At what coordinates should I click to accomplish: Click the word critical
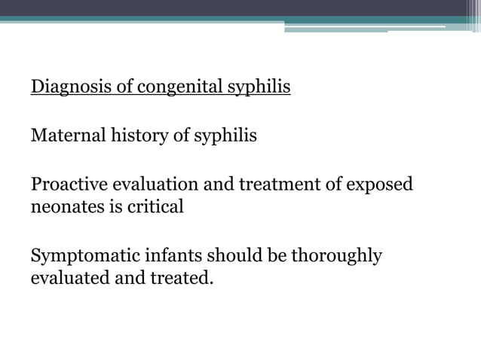coord(155,207)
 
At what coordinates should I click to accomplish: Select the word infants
coord(166,256)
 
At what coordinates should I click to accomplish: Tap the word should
coord(229,256)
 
